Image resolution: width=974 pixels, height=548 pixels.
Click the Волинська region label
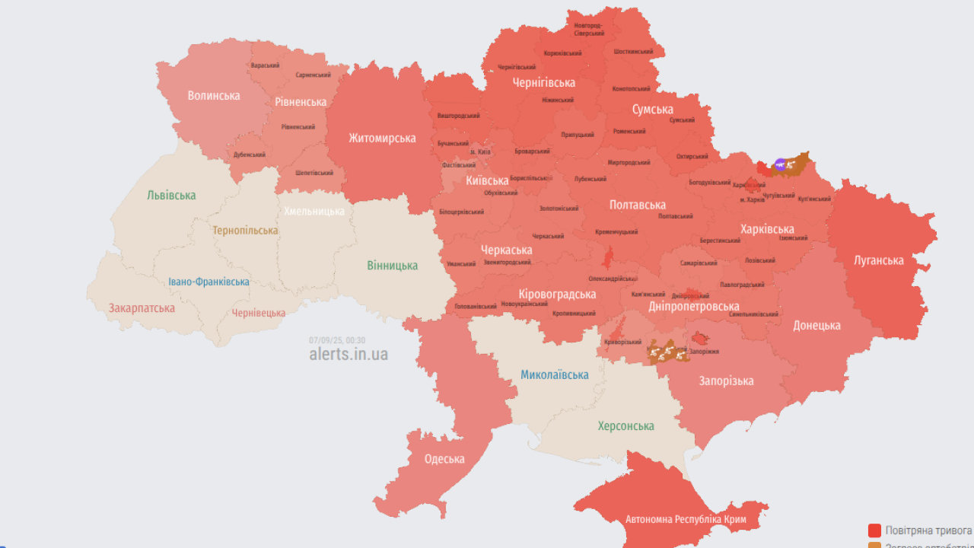[x=214, y=96]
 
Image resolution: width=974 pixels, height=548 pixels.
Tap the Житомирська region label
[x=382, y=139]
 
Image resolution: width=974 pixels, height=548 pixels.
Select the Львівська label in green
[x=171, y=196]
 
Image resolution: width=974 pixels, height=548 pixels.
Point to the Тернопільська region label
[x=245, y=231]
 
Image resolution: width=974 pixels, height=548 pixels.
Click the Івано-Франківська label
[x=208, y=282]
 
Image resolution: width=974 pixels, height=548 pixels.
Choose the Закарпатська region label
[x=142, y=308]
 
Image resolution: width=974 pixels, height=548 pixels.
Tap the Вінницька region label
[x=392, y=266]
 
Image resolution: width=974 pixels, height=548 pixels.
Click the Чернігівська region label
[x=543, y=83]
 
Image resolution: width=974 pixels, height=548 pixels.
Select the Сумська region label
[x=652, y=110]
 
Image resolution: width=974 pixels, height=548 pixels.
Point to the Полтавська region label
[x=637, y=205]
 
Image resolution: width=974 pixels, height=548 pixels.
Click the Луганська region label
[x=879, y=260]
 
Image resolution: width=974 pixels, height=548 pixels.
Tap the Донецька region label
[x=816, y=326]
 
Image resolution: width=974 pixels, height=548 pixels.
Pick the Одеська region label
[x=444, y=459]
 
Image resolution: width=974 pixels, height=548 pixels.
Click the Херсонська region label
[x=625, y=426]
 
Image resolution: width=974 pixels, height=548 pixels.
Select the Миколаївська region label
[x=554, y=374]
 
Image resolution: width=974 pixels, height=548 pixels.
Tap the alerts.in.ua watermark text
[x=349, y=355]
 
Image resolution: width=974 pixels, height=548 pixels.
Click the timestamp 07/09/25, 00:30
[x=337, y=340]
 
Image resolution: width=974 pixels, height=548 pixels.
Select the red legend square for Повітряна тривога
[x=874, y=530]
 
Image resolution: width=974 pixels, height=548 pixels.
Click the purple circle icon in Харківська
[x=780, y=164]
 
